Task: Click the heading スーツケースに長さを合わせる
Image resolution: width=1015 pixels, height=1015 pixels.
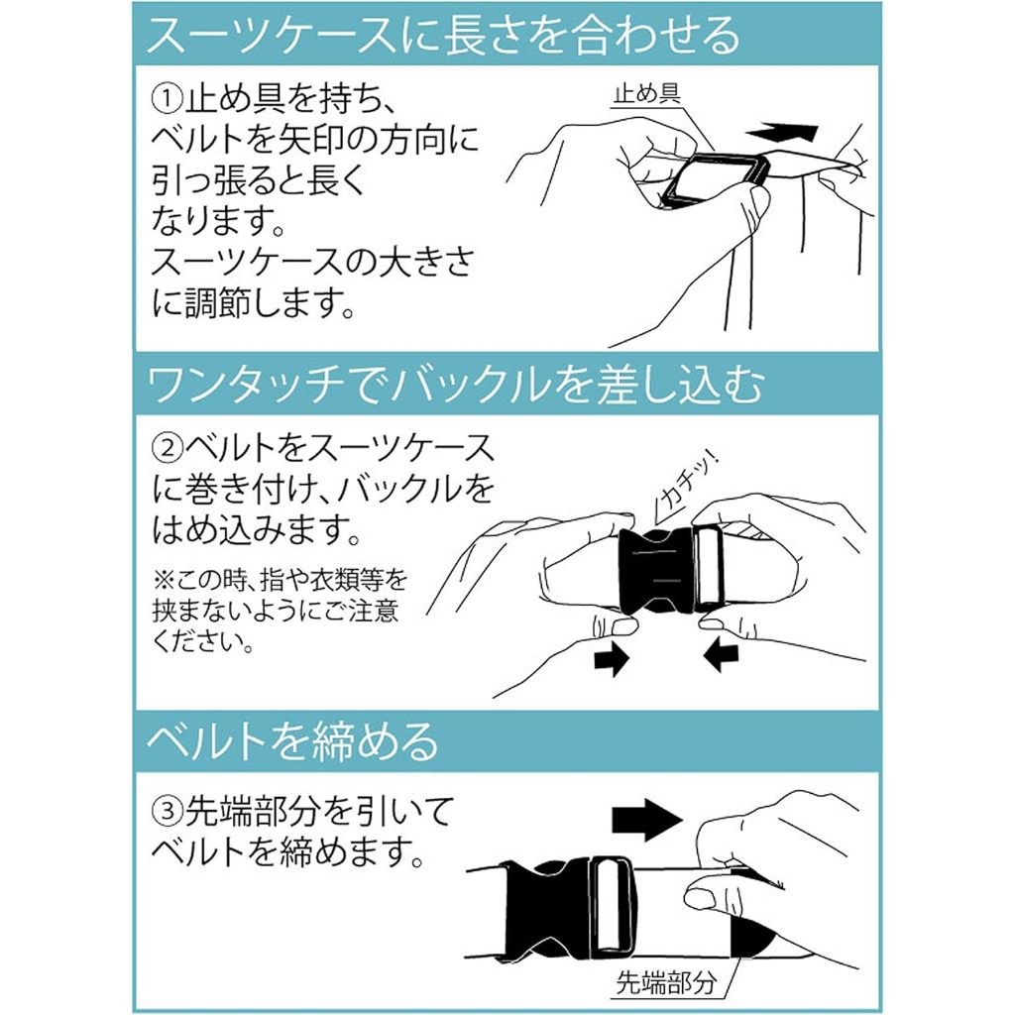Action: (x=443, y=34)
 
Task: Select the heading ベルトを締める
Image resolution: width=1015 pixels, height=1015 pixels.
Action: (x=292, y=740)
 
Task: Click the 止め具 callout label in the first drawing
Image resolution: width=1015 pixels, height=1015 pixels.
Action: (x=647, y=94)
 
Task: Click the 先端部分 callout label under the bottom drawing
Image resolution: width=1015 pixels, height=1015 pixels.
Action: (x=666, y=982)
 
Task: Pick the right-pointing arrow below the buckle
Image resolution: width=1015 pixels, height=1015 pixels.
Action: (x=611, y=658)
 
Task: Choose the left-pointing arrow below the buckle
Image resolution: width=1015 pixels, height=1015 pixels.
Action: (x=720, y=658)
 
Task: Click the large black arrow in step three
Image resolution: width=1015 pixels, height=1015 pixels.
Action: (x=646, y=820)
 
